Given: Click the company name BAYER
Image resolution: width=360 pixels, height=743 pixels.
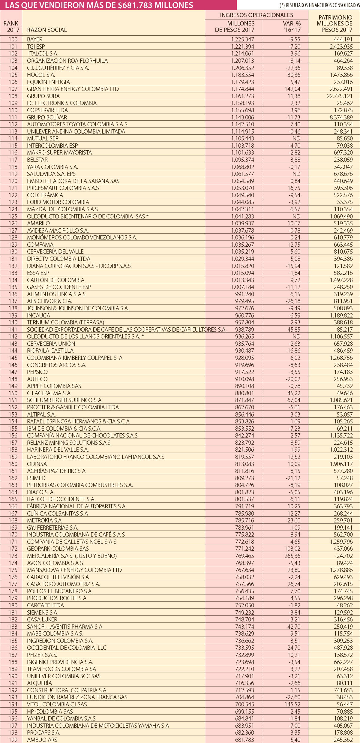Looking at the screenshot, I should click(x=34, y=39).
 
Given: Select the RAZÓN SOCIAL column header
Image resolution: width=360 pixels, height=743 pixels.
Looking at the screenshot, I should click(x=47, y=30).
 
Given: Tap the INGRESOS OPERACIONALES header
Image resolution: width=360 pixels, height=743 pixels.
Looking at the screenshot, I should click(x=256, y=15).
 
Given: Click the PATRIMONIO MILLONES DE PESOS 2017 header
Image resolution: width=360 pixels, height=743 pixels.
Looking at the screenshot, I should click(x=335, y=23).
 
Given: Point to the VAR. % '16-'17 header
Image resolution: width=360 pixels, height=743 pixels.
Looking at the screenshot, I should click(x=292, y=26).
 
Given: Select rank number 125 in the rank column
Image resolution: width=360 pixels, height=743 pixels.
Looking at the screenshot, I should click(x=13, y=216).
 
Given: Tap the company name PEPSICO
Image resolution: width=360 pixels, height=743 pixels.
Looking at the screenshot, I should click(x=37, y=372).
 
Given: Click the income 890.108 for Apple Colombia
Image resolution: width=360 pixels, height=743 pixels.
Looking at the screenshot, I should click(x=244, y=386).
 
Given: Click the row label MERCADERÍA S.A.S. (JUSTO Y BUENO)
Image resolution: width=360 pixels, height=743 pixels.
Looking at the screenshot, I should click(x=72, y=556).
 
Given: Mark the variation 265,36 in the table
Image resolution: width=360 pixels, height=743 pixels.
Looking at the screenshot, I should click(x=292, y=556).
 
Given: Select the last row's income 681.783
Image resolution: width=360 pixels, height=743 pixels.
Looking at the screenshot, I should click(x=244, y=740).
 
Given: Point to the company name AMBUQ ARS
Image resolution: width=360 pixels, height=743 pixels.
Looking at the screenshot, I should click(x=42, y=740).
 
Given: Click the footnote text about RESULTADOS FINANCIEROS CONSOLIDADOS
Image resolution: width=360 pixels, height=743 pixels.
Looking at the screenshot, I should click(x=319, y=5).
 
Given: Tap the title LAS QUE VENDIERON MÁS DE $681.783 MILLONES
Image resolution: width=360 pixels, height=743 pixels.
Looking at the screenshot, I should click(x=99, y=5).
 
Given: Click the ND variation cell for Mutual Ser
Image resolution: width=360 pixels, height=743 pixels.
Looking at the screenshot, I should click(x=296, y=138).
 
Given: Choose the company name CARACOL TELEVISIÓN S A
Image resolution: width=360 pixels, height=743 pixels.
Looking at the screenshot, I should click(x=58, y=577).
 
